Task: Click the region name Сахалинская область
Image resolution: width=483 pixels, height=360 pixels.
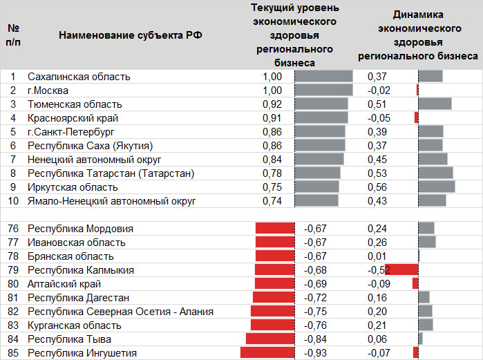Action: coord(79,77)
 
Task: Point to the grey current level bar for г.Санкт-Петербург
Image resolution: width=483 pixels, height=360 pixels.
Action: coord(320,131)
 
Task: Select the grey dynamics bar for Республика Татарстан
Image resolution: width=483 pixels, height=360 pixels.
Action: coord(435,173)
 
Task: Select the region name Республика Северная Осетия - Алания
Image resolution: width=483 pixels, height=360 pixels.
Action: coord(120,311)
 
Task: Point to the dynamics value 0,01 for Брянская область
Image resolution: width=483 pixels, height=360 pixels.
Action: coord(377,256)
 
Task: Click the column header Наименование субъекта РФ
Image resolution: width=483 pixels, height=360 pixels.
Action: coord(131,35)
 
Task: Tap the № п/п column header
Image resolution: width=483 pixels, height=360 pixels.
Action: coord(13,35)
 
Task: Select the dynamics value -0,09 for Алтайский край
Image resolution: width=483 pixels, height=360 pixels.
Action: coord(378,283)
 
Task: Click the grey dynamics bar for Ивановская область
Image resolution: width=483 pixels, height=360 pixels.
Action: coord(427,242)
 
